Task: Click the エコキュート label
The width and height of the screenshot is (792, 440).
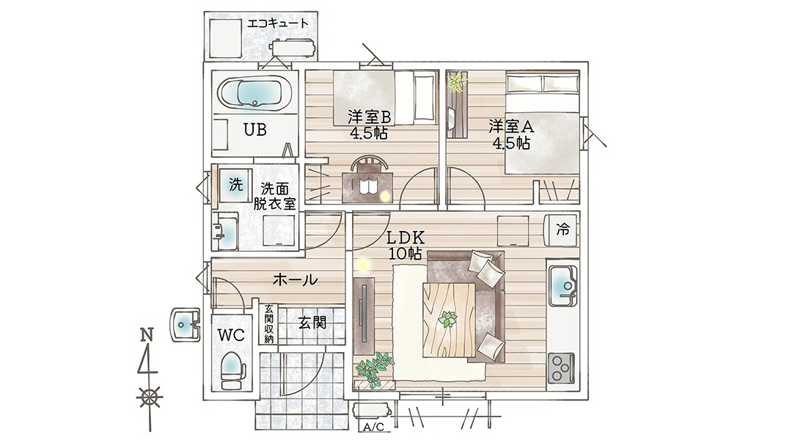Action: pos(277,23)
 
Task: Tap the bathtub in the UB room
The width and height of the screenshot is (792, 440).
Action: pos(255,93)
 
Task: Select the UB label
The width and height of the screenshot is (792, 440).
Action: pos(255,130)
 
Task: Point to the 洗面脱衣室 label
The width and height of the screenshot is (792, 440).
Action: pos(274,196)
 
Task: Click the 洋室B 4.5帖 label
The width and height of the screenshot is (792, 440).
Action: pos(369,125)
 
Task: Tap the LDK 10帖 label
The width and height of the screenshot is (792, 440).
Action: pos(405,245)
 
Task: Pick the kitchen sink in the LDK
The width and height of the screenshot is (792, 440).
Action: pos(562,285)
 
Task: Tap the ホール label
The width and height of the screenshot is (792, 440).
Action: pos(296,279)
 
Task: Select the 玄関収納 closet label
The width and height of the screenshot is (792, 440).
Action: pos(268,324)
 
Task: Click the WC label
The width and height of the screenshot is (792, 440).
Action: pos(231,334)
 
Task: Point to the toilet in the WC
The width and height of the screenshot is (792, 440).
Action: pos(232,370)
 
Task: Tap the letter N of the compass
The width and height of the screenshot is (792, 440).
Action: pos(147,335)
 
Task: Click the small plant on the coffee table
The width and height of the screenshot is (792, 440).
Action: pos(447,319)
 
